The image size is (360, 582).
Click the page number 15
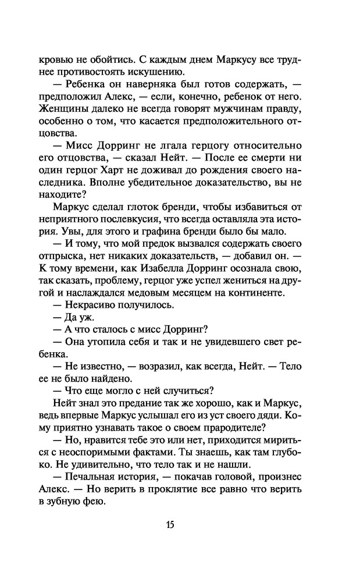click(170, 524)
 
